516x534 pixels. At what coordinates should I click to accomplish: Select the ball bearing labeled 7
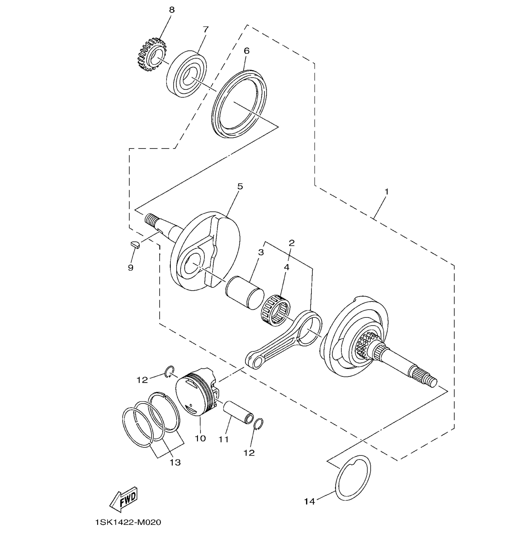[x=186, y=74]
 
